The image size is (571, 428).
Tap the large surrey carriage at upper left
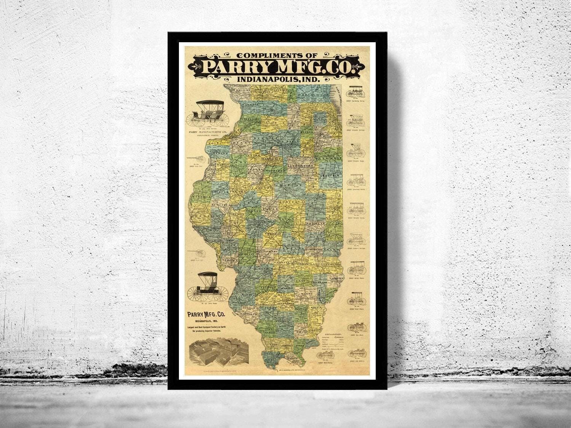click(x=207, y=114)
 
